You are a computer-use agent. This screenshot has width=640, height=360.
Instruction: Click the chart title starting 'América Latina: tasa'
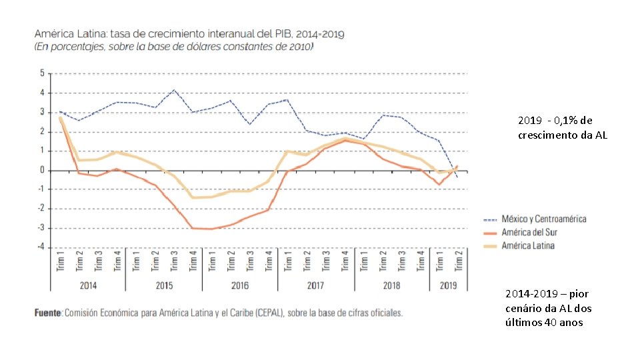point(189,33)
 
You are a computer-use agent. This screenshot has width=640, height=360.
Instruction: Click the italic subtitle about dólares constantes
point(174,47)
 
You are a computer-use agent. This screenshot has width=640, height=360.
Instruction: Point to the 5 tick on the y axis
point(42,73)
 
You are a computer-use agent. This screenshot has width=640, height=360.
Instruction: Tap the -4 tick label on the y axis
point(41,247)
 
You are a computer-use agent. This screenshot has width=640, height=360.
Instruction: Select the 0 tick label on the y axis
point(42,170)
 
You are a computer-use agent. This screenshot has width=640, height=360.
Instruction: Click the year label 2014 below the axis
point(88,285)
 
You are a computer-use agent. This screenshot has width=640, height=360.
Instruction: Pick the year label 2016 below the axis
point(240,285)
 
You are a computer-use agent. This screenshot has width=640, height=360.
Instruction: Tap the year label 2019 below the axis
point(448,285)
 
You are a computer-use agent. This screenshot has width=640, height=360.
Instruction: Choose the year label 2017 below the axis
point(315,285)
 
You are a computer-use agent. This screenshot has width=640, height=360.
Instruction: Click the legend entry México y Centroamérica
point(544,219)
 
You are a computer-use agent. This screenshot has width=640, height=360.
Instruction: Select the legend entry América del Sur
point(529,232)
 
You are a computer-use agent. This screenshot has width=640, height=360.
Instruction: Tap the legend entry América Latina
point(528,246)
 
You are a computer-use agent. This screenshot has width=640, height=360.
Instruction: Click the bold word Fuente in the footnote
point(48,313)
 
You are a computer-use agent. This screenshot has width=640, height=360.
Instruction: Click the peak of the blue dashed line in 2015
point(174,90)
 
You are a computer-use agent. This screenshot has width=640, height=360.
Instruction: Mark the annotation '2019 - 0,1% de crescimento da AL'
point(563,127)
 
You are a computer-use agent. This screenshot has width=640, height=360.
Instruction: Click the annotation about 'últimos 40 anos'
point(549,308)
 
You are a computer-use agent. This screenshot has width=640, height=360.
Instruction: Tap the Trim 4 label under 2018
point(421,261)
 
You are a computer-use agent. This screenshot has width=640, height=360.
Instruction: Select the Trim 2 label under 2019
point(459,261)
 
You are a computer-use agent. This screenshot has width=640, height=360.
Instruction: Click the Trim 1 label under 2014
point(61,261)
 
